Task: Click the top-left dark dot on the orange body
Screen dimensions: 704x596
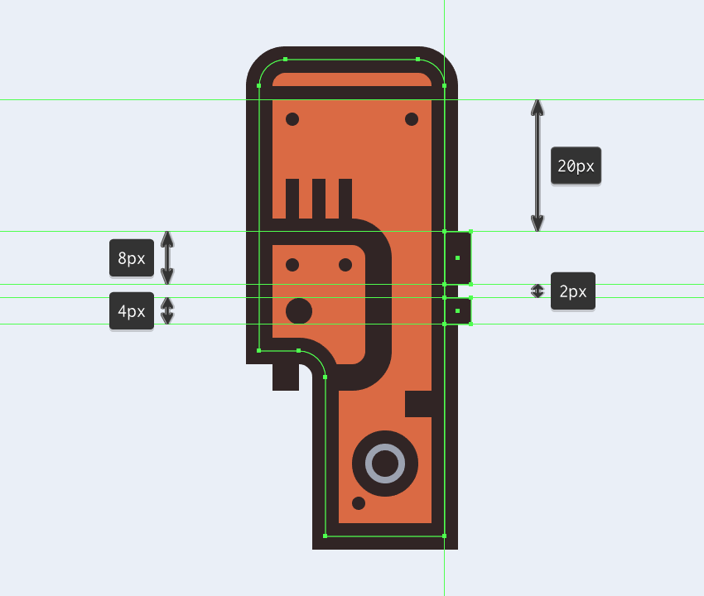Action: (x=292, y=119)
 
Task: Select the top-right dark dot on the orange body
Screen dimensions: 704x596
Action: (x=412, y=119)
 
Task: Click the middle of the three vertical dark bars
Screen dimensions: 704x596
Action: (x=319, y=199)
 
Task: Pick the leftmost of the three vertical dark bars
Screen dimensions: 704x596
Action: (x=292, y=199)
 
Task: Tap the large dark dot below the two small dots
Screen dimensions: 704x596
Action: (x=299, y=311)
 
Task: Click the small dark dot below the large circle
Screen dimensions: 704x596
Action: (x=359, y=503)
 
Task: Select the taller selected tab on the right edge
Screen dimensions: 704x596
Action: (x=457, y=258)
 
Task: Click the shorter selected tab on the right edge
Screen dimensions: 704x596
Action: (x=457, y=310)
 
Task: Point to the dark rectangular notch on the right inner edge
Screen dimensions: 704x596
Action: (x=418, y=404)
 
